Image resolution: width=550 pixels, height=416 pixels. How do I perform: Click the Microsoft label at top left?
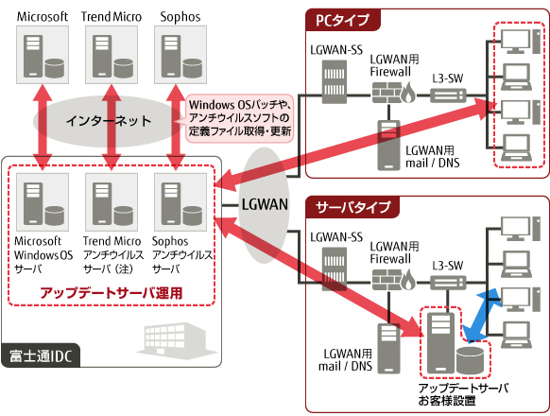pyautogui.click(x=42, y=16)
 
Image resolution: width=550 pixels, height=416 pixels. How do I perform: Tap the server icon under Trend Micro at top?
pyautogui.click(x=113, y=56)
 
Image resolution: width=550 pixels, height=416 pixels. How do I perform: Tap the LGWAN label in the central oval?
pyautogui.click(x=262, y=205)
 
